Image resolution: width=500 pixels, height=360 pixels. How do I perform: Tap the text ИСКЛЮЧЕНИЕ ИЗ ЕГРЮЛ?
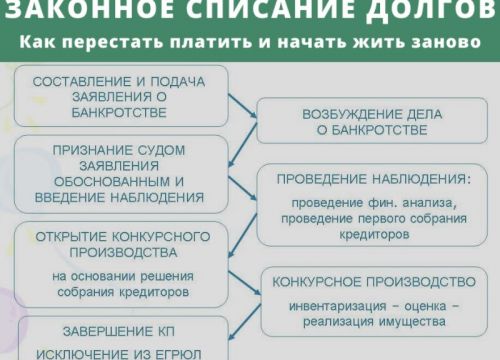[122, 353]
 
